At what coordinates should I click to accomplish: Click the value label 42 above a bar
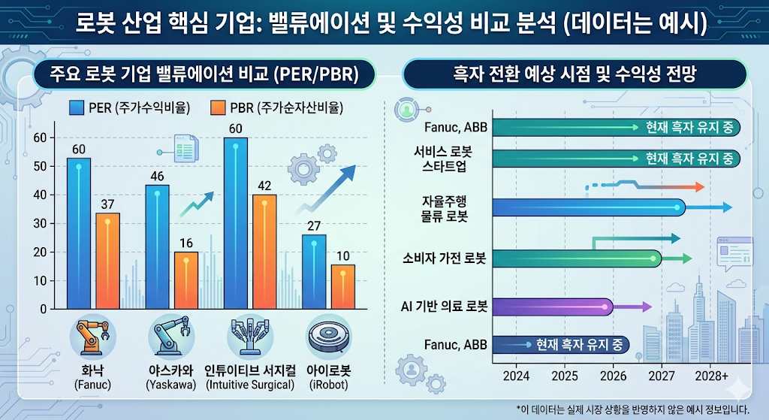click(264, 186)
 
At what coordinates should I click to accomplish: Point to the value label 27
click(314, 225)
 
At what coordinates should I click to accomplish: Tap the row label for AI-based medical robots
click(445, 307)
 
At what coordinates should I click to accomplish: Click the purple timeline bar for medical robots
click(552, 307)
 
